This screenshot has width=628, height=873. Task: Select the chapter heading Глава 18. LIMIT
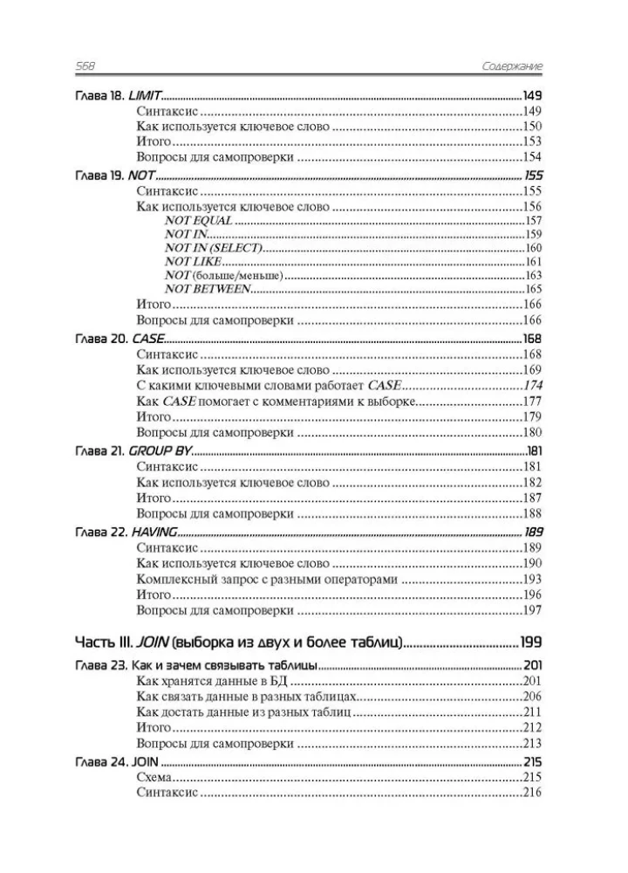[x=112, y=95]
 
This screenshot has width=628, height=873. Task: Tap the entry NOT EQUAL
[x=198, y=221]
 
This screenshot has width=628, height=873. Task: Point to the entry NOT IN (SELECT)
[x=213, y=249]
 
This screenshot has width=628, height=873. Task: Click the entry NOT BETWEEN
[x=208, y=289]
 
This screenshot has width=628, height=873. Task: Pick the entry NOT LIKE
[x=195, y=262]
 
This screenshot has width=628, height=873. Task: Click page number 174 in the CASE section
[x=532, y=385]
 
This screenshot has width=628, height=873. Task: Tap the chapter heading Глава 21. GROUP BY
[x=125, y=451]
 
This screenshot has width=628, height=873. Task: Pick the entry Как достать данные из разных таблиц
[x=243, y=712]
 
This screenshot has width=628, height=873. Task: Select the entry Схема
[x=154, y=777]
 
